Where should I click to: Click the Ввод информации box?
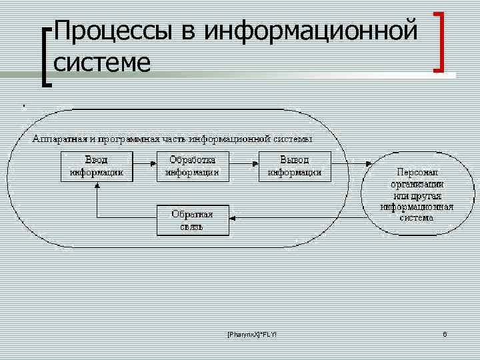click(x=97, y=166)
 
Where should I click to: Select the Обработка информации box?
click(x=192, y=166)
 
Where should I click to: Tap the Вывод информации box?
click(x=294, y=166)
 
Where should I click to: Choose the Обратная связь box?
click(x=192, y=221)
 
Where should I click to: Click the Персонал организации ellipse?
click(x=417, y=194)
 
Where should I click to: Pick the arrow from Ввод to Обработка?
click(x=144, y=163)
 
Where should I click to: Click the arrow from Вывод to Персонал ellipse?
click(x=355, y=163)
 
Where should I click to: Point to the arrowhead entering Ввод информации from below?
click(x=97, y=186)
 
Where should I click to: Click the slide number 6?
click(x=445, y=333)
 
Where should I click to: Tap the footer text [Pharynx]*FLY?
click(x=247, y=333)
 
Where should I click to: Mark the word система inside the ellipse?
click(x=417, y=217)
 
